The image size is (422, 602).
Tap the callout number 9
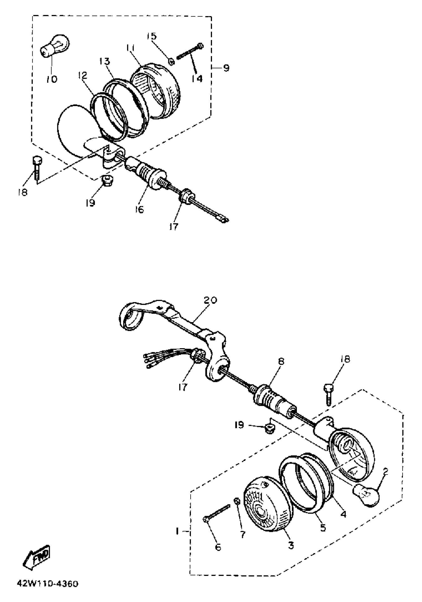(x=226, y=68)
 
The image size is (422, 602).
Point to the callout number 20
(x=211, y=300)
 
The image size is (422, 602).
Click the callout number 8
(x=281, y=362)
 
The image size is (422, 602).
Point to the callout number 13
(x=105, y=62)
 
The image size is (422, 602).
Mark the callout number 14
(x=197, y=78)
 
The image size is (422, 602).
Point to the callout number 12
(x=82, y=76)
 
